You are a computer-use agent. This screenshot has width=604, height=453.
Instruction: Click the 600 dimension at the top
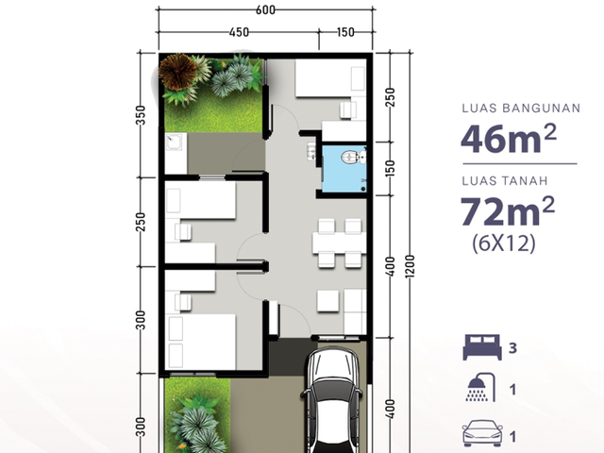(x=265, y=10)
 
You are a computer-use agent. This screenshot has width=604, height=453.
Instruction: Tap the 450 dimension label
(x=239, y=32)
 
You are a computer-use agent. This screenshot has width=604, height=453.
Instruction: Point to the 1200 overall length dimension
(x=410, y=266)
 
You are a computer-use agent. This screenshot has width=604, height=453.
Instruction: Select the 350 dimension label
(x=141, y=115)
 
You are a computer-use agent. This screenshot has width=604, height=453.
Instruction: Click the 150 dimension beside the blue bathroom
(x=390, y=168)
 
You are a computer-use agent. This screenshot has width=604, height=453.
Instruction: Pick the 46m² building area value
(x=509, y=139)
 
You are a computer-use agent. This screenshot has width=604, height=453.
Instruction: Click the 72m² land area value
(x=508, y=210)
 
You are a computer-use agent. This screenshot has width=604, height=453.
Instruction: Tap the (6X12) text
(x=504, y=243)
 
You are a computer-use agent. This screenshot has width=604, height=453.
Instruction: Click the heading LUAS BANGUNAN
(x=521, y=109)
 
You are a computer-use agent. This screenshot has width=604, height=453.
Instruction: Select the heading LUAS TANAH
(x=505, y=180)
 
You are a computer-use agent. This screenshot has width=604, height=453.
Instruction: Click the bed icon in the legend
(x=482, y=347)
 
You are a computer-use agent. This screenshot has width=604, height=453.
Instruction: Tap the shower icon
(x=480, y=387)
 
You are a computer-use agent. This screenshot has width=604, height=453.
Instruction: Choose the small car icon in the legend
(x=482, y=433)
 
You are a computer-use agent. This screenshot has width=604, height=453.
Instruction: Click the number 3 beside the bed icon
(x=512, y=348)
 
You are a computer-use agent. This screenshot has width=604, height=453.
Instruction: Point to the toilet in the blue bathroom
(x=351, y=158)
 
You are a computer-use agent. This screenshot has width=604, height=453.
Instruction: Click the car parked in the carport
(x=331, y=400)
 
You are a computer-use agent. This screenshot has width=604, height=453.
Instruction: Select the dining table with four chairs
(x=339, y=243)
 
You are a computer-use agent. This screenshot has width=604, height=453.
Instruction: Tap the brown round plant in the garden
(x=177, y=72)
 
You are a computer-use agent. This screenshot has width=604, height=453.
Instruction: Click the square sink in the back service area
(x=175, y=143)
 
